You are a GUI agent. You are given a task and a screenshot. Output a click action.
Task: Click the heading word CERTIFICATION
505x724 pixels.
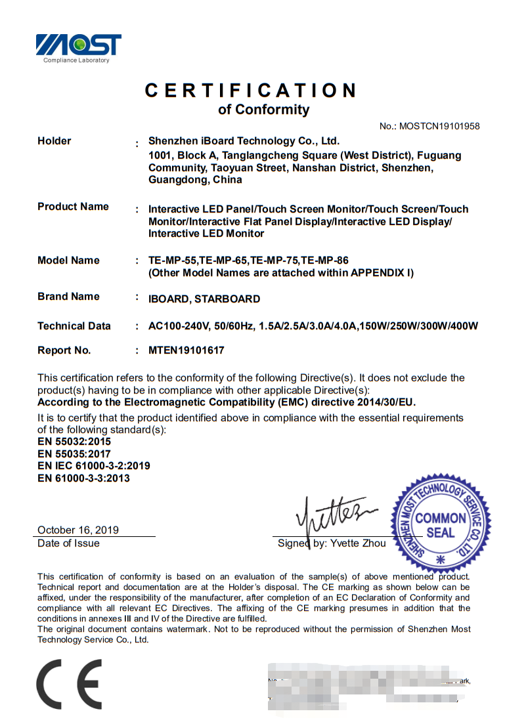point(251,90)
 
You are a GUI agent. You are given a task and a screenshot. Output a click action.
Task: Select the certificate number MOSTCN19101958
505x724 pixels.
point(439,126)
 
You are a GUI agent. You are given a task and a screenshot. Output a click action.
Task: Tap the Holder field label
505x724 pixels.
point(54,140)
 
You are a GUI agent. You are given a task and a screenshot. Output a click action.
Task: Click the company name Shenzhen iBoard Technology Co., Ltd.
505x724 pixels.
point(244,140)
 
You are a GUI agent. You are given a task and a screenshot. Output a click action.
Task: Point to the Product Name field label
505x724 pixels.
point(73,206)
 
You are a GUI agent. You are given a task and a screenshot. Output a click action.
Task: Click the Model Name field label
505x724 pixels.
point(68,260)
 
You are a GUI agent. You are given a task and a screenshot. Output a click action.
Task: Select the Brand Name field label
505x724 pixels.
point(68,296)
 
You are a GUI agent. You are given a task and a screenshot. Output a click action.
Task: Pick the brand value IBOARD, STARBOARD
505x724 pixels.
point(204,299)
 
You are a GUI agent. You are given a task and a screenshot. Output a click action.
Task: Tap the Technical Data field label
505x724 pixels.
point(74,326)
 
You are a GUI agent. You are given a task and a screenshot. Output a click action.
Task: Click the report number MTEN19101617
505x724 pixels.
point(187,350)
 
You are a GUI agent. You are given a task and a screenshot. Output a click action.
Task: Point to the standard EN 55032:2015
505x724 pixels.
point(74,441)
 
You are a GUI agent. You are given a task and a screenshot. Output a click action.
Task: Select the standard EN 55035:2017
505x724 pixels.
point(74,454)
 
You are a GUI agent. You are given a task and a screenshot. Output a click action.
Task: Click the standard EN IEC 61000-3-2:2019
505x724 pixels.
point(94,465)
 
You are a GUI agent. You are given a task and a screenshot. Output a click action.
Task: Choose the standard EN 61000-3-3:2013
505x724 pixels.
point(83,478)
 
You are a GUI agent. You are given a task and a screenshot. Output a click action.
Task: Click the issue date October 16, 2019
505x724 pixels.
point(78,530)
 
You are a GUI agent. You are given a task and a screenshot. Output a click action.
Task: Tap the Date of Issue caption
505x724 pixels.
point(68,543)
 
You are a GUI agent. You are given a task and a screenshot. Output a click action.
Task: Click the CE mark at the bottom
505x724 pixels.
point(68,685)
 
